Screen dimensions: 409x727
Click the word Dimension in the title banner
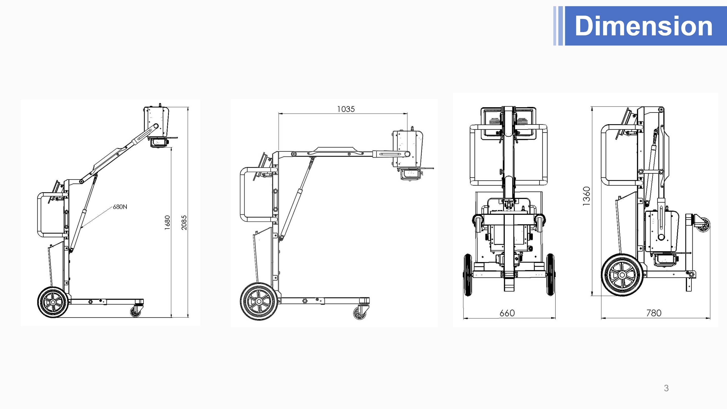(643, 26)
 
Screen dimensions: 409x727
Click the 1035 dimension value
(346, 109)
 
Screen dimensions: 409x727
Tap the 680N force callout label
(120, 207)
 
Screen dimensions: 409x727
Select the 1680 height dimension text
(167, 222)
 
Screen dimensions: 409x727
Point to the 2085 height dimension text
(184, 222)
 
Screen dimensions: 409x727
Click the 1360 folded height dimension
(586, 196)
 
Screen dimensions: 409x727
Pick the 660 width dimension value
(507, 313)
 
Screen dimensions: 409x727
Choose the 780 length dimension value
(654, 313)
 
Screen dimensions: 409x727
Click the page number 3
(666, 388)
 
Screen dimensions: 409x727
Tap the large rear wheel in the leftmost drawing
(53, 302)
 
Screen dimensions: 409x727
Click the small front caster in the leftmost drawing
(136, 312)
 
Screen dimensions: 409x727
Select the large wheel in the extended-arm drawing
(259, 301)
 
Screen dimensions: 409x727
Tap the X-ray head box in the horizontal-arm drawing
(407, 148)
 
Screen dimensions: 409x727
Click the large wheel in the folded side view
(622, 275)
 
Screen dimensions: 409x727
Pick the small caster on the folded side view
(704, 225)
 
